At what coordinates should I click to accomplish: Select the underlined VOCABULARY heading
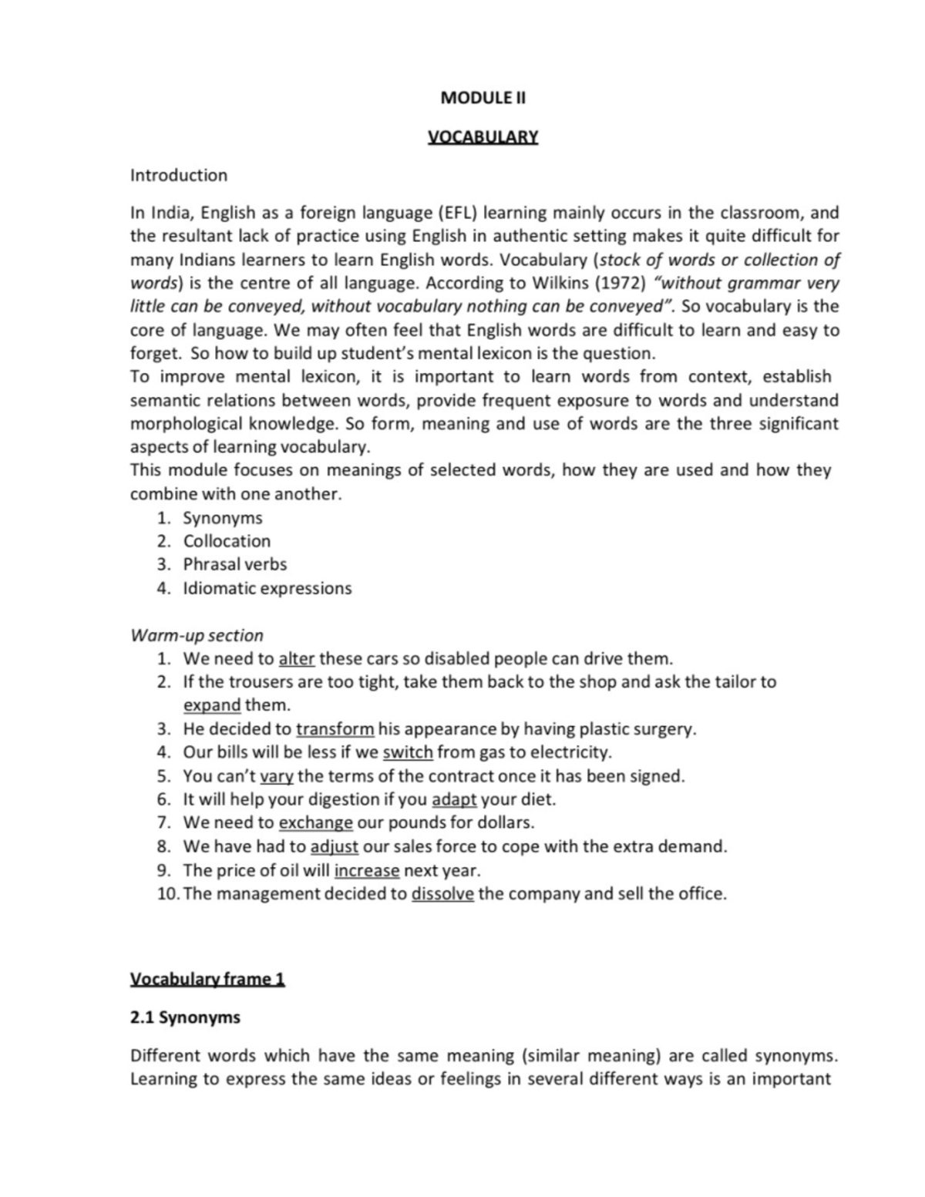pos(483,137)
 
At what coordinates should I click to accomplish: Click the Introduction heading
pos(179,175)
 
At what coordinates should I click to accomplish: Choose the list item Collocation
pos(227,541)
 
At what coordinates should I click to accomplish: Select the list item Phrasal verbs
pos(234,564)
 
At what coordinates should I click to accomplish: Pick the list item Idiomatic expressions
pos(267,588)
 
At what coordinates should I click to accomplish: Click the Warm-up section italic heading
pos(197,635)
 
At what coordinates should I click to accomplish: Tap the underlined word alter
pos(297,659)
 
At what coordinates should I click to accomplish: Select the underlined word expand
pos(212,705)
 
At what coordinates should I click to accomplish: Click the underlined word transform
pos(335,729)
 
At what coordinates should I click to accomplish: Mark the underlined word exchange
pos(316,823)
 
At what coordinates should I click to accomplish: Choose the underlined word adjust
pos(335,846)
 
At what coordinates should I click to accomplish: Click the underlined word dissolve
pos(443,894)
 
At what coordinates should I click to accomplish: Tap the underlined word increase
pos(367,870)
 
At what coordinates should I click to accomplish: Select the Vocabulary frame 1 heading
pos(207,979)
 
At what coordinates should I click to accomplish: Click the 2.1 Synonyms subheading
pos(185,1017)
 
